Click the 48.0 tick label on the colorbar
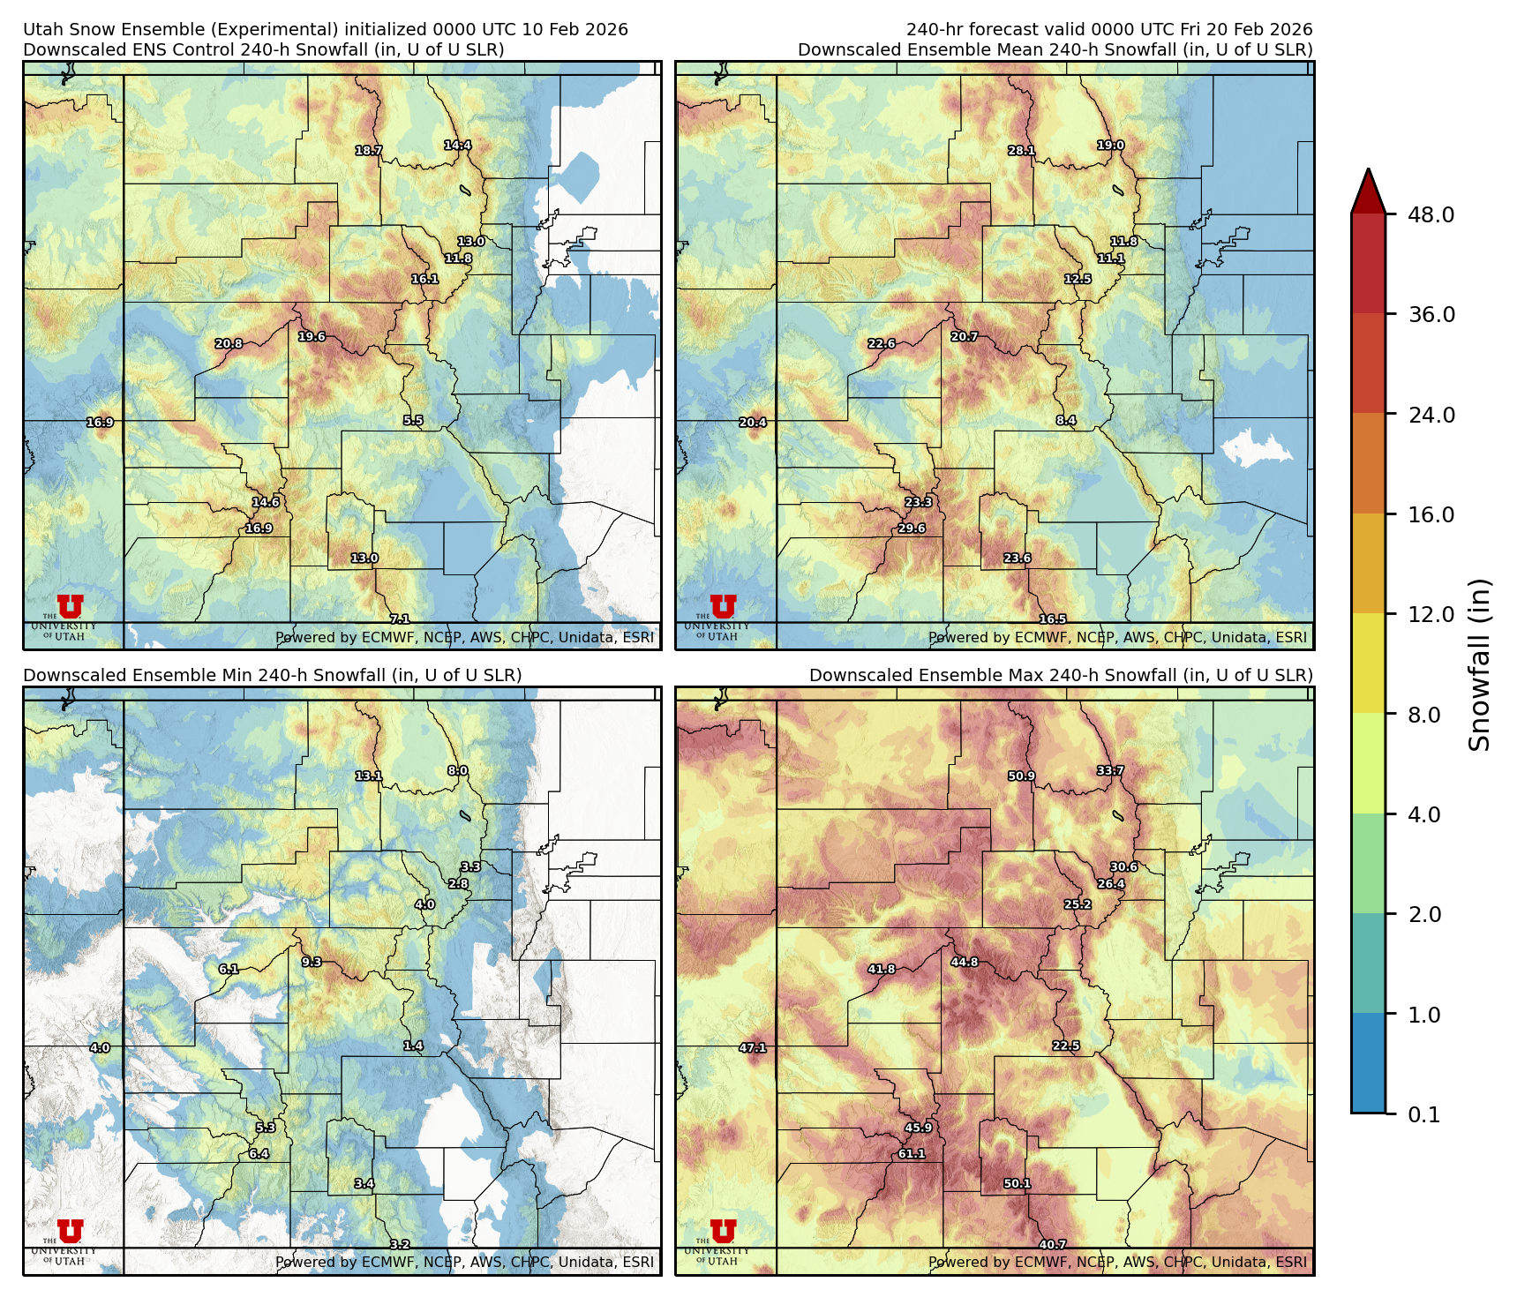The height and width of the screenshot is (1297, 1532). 1431,214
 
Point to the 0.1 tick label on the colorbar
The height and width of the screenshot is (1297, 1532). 1423,1114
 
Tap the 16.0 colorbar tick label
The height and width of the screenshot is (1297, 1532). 1431,514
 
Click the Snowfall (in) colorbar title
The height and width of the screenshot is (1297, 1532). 1480,663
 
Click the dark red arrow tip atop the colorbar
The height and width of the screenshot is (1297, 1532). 1368,187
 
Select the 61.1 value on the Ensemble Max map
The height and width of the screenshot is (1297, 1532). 912,1153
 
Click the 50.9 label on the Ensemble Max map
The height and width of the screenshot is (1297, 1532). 1021,776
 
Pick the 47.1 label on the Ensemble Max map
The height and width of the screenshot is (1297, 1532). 753,1048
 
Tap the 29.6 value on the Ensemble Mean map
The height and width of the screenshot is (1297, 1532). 912,529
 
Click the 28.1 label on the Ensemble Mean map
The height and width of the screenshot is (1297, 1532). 1021,151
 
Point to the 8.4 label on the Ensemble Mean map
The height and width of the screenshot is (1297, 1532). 1066,421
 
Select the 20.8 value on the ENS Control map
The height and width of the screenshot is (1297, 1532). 229,344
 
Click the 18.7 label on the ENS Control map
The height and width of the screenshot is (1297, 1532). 369,151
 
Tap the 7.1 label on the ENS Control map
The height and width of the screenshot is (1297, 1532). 400,619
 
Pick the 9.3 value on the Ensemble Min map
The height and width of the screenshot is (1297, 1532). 312,963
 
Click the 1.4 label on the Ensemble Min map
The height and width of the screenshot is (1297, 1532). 413,1046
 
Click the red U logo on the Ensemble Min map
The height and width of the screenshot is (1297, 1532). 71,1232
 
